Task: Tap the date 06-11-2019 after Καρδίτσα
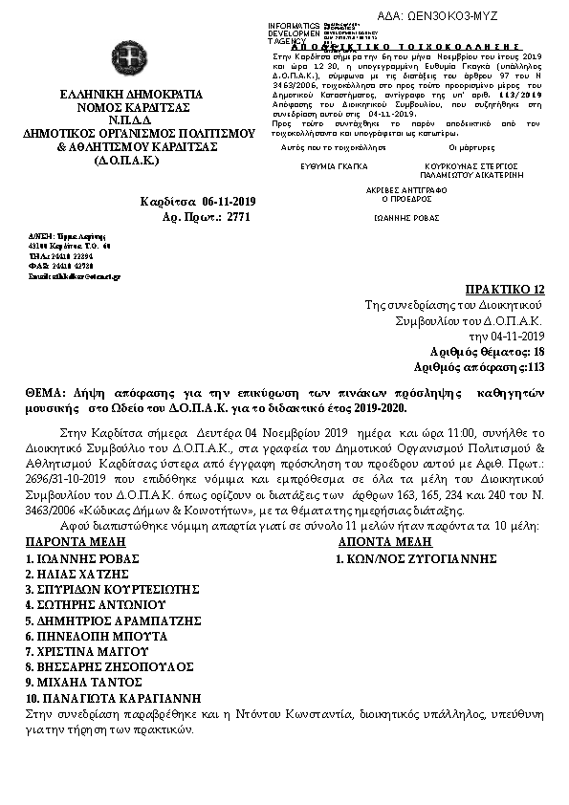[x=229, y=202]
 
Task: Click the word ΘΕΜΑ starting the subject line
[x=45, y=393]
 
